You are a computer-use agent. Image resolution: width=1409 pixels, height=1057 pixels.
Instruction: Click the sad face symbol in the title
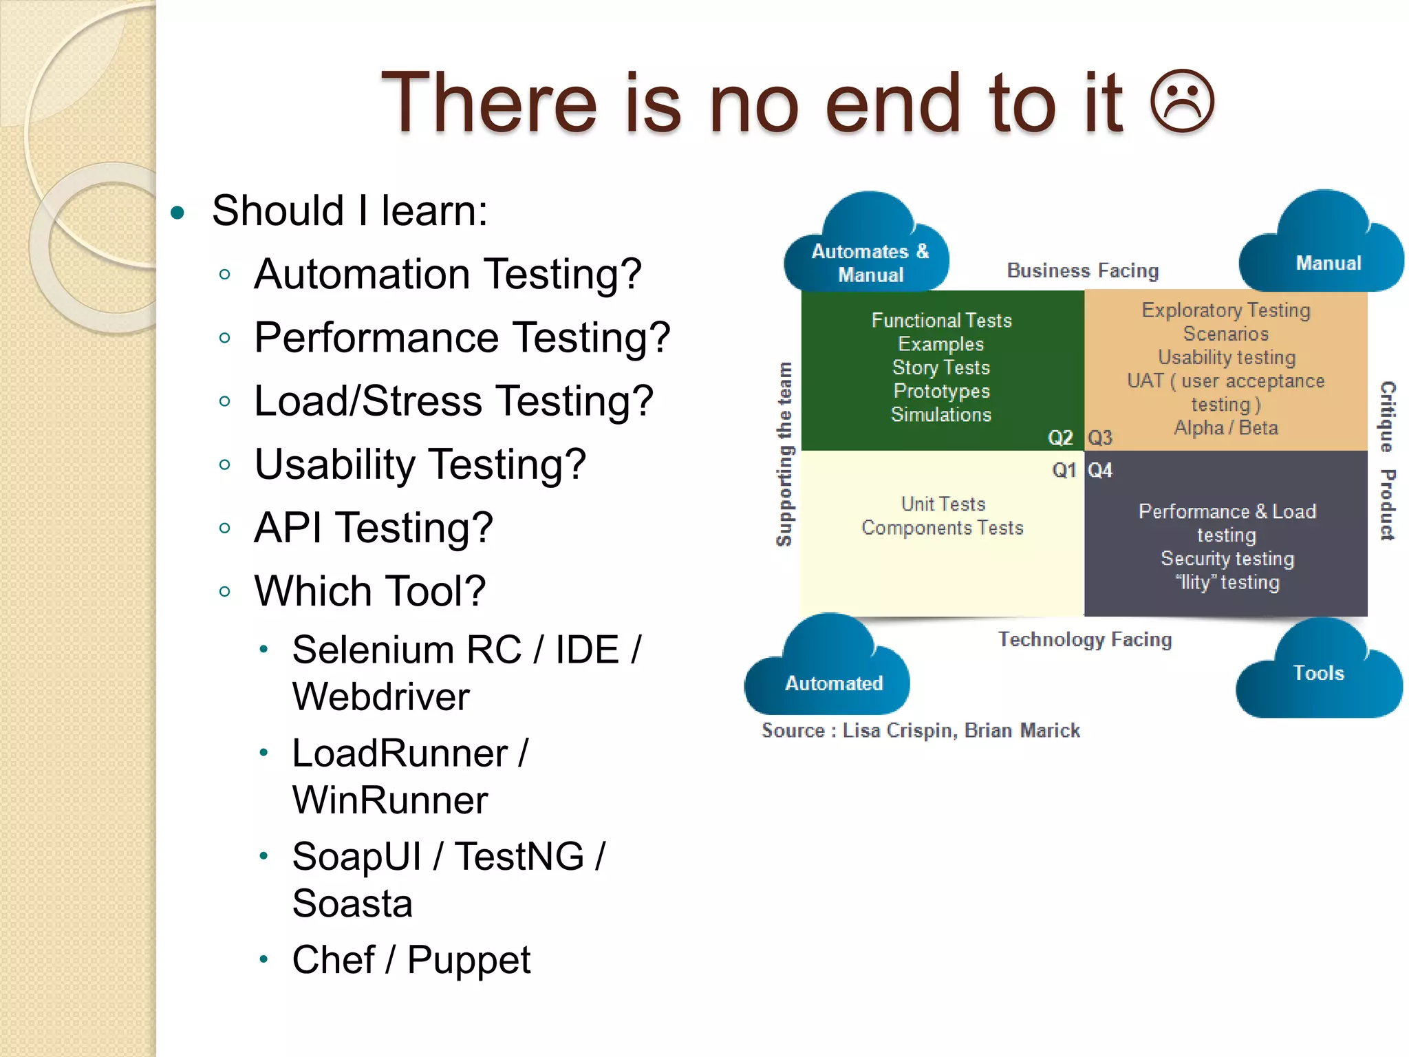(1182, 103)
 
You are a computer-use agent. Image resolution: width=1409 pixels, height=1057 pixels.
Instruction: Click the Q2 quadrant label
(1060, 438)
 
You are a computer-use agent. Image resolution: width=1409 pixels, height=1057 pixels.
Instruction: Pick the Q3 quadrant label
(1100, 438)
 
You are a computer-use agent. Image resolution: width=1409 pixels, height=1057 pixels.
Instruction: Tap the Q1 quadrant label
(1064, 470)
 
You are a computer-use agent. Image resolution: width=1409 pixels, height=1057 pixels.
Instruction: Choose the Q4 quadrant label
(1100, 470)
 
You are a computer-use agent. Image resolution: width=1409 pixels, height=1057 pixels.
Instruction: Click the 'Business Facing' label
(1083, 270)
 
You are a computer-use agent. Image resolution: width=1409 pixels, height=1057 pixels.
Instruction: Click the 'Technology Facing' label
(1085, 639)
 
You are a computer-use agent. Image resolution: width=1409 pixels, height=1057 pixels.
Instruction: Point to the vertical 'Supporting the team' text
(784, 454)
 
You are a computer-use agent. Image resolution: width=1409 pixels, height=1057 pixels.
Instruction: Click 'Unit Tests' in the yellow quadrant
(943, 504)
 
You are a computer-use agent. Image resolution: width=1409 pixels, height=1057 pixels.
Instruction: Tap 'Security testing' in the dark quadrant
(1227, 558)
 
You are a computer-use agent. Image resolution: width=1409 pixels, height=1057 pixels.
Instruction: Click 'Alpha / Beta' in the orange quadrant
(1226, 427)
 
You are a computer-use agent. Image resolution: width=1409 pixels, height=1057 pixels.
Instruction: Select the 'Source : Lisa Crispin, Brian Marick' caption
(921, 730)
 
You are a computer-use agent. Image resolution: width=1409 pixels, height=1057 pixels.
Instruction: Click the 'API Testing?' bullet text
(374, 528)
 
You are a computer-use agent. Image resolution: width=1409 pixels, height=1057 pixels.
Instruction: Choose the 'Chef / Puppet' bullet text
(411, 960)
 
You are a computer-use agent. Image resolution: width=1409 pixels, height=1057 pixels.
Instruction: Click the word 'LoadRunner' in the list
(400, 753)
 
